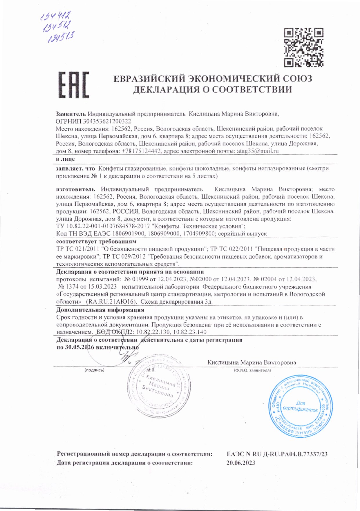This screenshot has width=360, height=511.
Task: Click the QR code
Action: click(303, 48)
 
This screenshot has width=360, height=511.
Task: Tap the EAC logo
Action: click(74, 85)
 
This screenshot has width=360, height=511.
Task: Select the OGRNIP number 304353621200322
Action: click(107, 121)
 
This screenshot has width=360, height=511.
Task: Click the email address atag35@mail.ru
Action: click(258, 151)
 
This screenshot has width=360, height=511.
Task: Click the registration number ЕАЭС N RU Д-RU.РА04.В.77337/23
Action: click(277, 454)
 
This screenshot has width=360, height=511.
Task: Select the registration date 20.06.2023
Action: click(241, 463)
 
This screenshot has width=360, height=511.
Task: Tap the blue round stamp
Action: click(300, 405)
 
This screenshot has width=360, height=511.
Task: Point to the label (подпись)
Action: click(94, 370)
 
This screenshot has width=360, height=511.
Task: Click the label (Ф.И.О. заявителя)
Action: click(252, 370)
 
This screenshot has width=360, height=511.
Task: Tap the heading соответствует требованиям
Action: click(96, 241)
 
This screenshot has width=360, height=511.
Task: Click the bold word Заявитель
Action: click(71, 114)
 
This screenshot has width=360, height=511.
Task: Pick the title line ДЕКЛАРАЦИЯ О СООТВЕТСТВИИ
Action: click(212, 89)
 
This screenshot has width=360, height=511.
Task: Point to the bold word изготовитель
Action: click(75, 189)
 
